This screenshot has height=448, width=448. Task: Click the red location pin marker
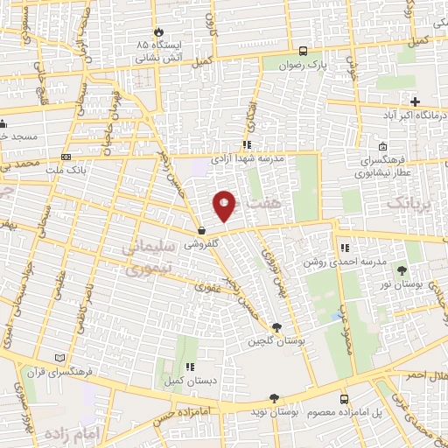pyautogui.click(x=225, y=206)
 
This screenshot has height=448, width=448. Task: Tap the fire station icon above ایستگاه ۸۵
pyautogui.click(x=158, y=29)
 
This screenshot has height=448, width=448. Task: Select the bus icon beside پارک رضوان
pyautogui.click(x=303, y=51)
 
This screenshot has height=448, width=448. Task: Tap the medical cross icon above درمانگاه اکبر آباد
pyautogui.click(x=416, y=101)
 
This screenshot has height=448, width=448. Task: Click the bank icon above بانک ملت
pyautogui.click(x=66, y=157)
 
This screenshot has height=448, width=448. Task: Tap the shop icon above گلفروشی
pyautogui.click(x=202, y=233)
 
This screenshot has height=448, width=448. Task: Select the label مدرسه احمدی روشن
pyautogui.click(x=338, y=262)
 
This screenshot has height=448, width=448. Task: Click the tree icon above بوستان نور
pyautogui.click(x=402, y=270)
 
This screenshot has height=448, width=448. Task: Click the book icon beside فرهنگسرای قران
pyautogui.click(x=59, y=358)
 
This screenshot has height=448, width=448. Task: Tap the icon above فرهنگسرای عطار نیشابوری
pyautogui.click(x=383, y=147)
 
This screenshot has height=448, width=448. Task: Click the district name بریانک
pyautogui.click(x=407, y=204)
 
